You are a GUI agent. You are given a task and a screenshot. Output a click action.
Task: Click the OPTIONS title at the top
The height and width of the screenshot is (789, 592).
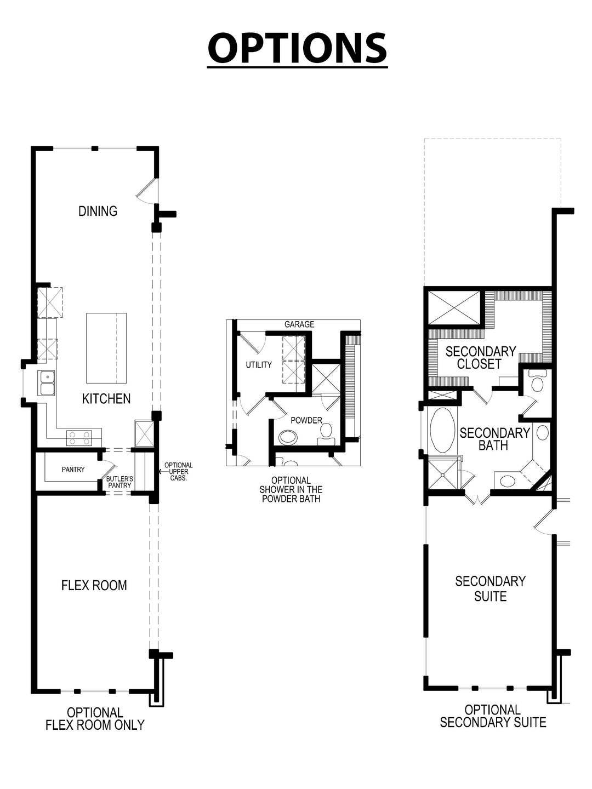[x=297, y=48]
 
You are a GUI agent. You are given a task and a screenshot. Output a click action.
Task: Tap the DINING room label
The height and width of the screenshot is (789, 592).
[x=98, y=211]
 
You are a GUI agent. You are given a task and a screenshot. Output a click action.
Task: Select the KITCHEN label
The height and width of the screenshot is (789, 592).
[x=106, y=398]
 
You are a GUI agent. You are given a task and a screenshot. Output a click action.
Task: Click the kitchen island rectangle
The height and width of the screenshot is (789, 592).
[x=106, y=348]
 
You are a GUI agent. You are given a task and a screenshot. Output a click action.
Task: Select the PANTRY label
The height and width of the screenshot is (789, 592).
[x=73, y=469]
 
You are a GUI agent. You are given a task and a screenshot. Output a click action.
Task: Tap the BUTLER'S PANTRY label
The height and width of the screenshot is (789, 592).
[x=119, y=482]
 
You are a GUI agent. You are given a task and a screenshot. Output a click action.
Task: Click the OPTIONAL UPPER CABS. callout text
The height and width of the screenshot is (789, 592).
[x=179, y=472]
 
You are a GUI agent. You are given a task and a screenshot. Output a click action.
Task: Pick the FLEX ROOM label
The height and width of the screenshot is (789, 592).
[x=94, y=585]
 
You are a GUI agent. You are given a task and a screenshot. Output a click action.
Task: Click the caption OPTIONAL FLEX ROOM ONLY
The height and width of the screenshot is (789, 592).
[x=95, y=719]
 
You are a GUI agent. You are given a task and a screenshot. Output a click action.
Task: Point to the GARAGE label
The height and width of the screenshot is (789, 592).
[x=299, y=324]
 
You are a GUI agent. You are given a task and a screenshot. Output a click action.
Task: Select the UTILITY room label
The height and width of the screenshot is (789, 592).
[x=259, y=365]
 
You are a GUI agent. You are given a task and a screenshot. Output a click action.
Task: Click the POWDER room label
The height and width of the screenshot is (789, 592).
[x=306, y=420]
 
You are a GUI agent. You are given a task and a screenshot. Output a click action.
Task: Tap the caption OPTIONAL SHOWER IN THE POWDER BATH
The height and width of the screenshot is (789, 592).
[x=291, y=489]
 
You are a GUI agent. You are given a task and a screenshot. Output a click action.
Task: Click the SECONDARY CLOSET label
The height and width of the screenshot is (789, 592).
[x=480, y=357]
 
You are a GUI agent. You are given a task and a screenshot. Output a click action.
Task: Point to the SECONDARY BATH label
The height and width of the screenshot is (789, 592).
[x=494, y=439]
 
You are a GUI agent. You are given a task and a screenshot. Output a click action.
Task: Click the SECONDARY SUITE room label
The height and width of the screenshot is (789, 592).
[x=490, y=588]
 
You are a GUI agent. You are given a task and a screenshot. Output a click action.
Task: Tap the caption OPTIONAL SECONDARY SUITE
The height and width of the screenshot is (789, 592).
[x=493, y=716]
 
